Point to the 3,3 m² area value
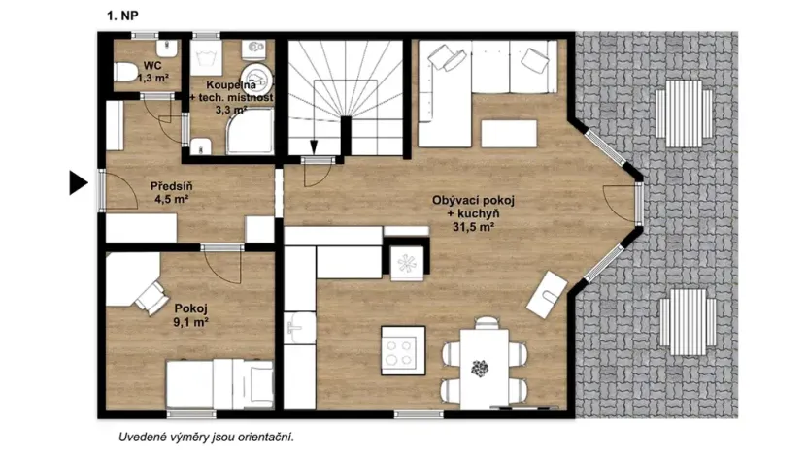point(230,112)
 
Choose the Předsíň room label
point(170,186)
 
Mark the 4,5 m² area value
point(170,201)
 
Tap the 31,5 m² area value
point(474,227)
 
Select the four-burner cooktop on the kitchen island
point(400,348)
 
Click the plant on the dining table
point(480,369)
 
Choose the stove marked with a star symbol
point(405,260)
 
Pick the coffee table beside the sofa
point(508,133)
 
